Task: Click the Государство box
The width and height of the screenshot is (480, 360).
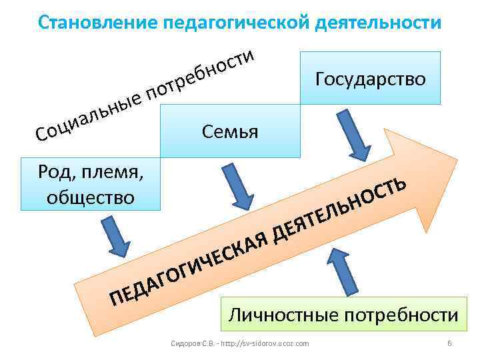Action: click(x=370, y=79)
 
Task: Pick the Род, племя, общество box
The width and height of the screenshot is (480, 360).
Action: click(x=91, y=184)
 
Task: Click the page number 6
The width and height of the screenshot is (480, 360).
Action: click(x=449, y=343)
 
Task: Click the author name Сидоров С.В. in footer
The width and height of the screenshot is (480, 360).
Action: click(x=193, y=343)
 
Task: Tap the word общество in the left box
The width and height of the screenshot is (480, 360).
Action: click(x=91, y=197)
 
